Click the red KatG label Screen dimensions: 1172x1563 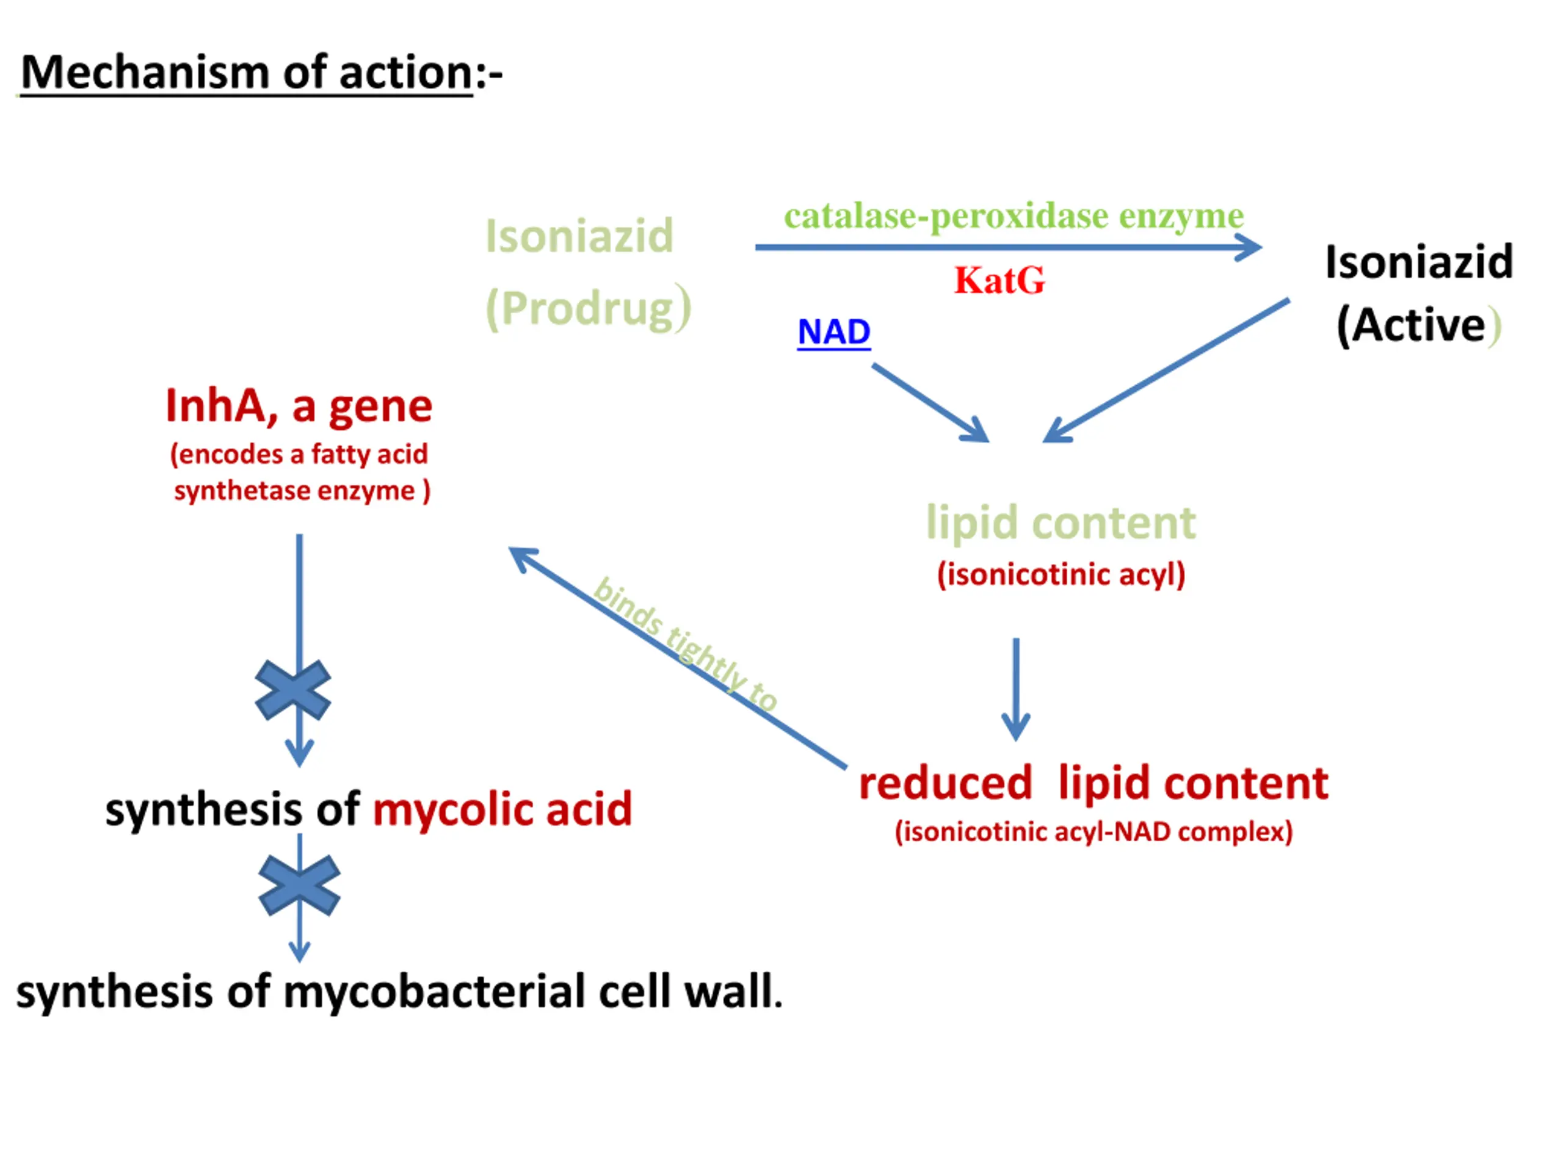(x=998, y=280)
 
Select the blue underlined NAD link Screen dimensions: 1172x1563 (x=834, y=332)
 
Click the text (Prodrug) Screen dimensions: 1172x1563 (x=588, y=309)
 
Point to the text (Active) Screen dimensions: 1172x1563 (x=1418, y=326)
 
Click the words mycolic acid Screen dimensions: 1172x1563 (x=502, y=809)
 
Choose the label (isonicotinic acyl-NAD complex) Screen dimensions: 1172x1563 (x=1093, y=831)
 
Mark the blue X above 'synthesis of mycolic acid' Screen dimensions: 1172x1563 (x=292, y=690)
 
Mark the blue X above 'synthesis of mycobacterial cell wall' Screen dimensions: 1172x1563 (x=300, y=886)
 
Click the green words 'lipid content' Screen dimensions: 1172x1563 (x=1061, y=523)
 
